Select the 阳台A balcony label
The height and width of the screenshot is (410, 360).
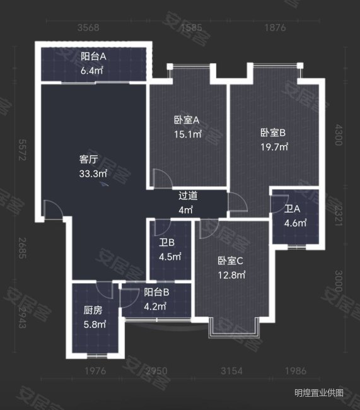tap(93, 56)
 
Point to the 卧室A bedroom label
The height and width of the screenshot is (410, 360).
tap(187, 120)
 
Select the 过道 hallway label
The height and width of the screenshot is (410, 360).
tap(186, 196)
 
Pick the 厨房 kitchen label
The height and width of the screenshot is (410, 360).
tap(93, 310)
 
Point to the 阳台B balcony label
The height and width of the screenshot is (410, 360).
tap(156, 292)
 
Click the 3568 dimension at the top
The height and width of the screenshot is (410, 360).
tap(88, 28)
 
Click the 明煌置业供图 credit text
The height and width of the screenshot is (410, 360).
tap(320, 393)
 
